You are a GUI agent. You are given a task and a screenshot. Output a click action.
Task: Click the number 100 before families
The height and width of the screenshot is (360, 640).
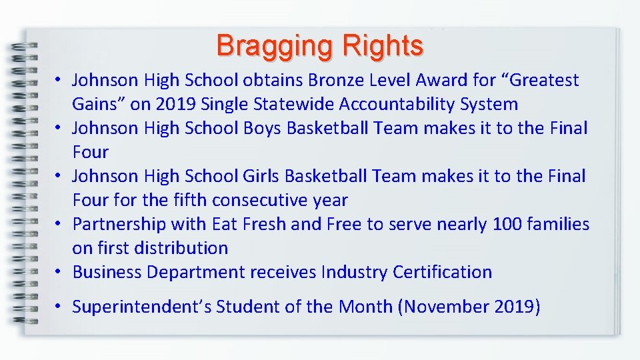coord(509,224)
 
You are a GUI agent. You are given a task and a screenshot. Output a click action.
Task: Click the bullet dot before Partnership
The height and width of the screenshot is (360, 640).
coord(59,225)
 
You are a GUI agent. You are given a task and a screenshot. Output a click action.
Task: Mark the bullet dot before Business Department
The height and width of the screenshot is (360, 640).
coord(59,273)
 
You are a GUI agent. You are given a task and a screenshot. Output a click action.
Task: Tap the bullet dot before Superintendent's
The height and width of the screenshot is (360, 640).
coord(59,307)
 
